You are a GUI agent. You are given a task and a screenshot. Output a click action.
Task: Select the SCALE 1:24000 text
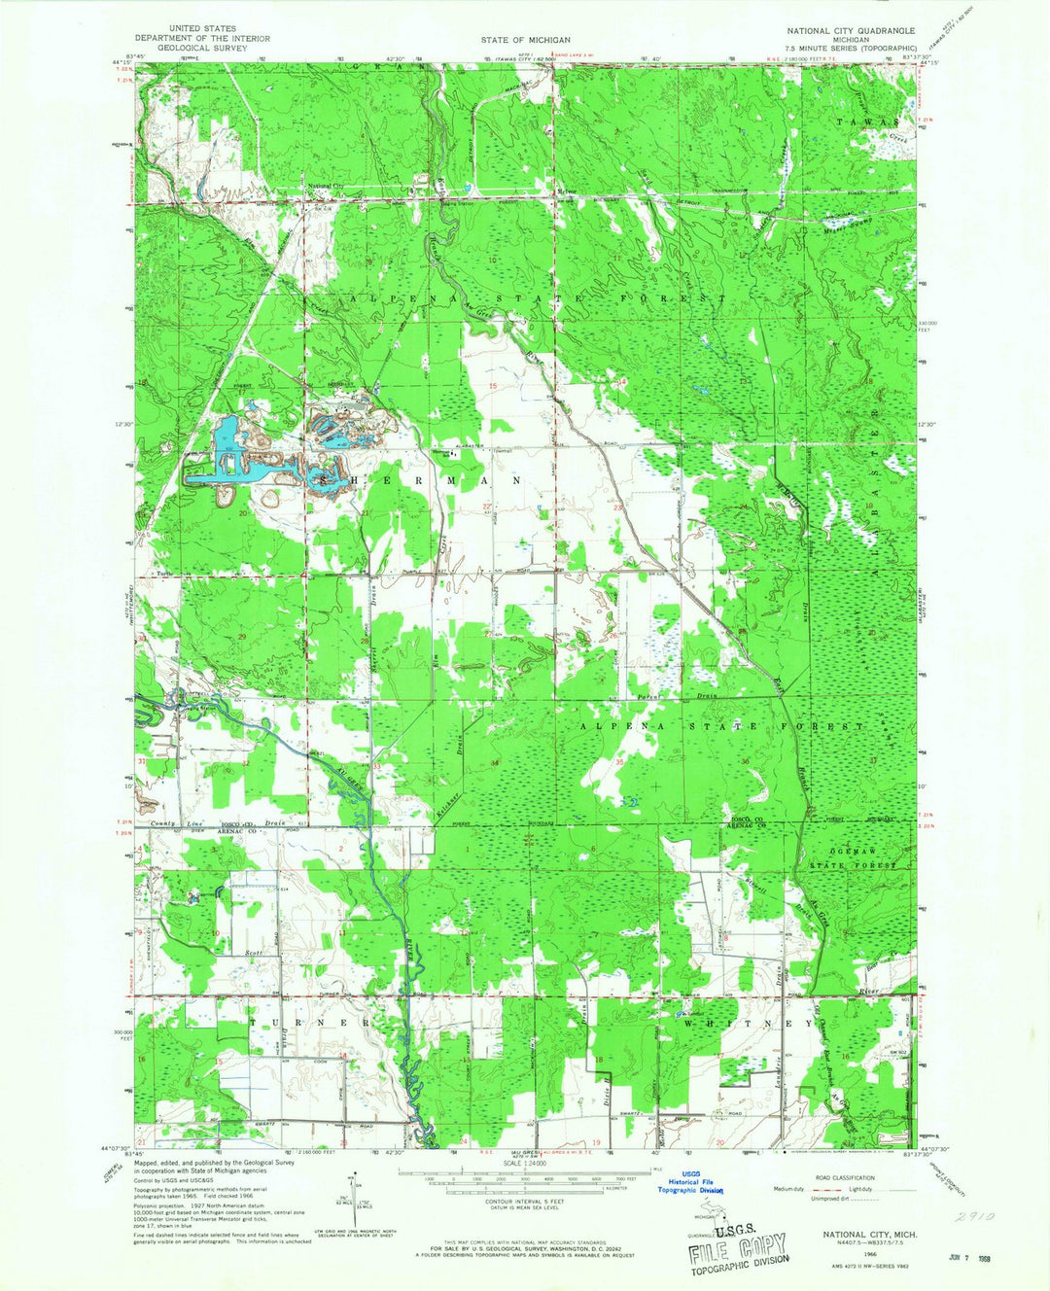pyautogui.click(x=524, y=1162)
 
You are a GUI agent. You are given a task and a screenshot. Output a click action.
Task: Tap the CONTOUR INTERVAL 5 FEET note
pyautogui.click(x=524, y=1200)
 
